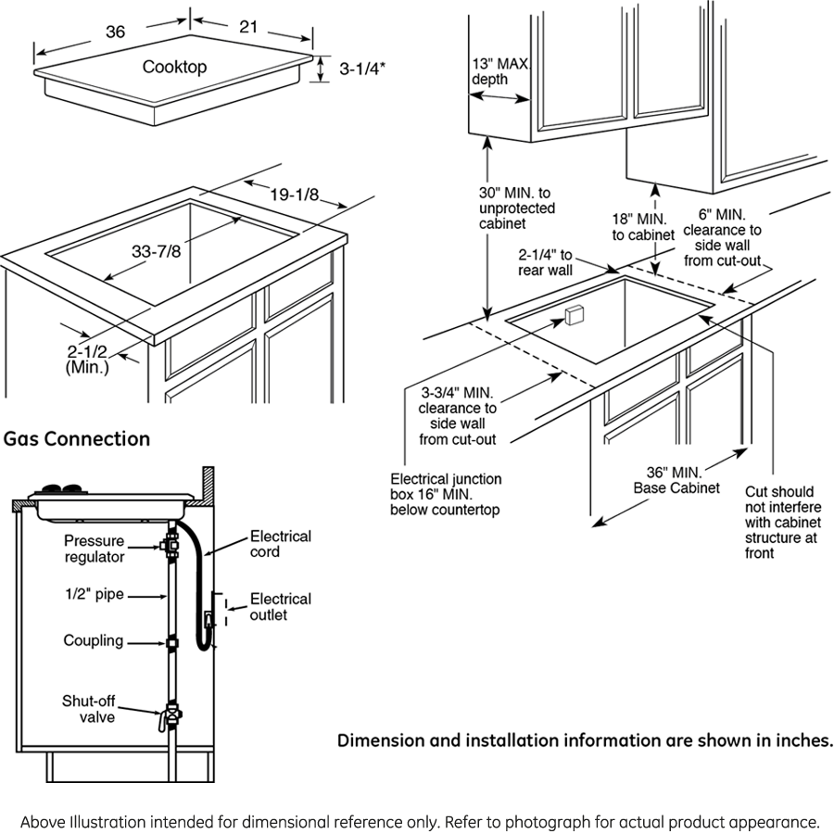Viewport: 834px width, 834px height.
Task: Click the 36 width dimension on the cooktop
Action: (x=115, y=32)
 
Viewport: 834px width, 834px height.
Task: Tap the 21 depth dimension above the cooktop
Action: (x=248, y=27)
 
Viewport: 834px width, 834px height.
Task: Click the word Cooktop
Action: (x=174, y=67)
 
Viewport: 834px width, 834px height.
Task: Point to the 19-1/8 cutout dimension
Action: (x=295, y=195)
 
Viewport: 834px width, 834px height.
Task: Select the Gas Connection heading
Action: (x=76, y=438)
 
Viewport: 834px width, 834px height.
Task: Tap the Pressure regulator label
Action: (x=95, y=549)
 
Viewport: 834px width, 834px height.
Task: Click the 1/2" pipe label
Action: (x=94, y=594)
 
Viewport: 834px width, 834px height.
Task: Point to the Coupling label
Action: (x=93, y=640)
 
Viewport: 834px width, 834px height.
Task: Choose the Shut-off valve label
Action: (x=89, y=709)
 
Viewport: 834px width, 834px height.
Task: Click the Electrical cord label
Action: (x=280, y=544)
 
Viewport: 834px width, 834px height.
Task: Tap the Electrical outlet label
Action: (x=280, y=607)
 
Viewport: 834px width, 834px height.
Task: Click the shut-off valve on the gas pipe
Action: (x=171, y=716)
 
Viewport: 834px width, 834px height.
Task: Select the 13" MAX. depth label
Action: (x=500, y=71)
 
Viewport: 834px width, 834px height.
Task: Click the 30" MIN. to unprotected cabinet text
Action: (x=516, y=208)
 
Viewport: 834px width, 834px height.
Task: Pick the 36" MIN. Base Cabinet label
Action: (x=676, y=479)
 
